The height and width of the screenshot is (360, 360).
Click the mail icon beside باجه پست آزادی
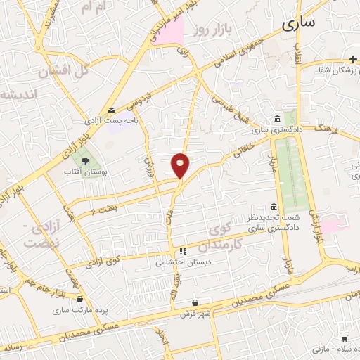[112, 110]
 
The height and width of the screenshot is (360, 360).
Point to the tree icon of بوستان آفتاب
[85, 162]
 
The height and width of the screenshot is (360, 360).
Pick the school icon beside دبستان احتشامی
[182, 250]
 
